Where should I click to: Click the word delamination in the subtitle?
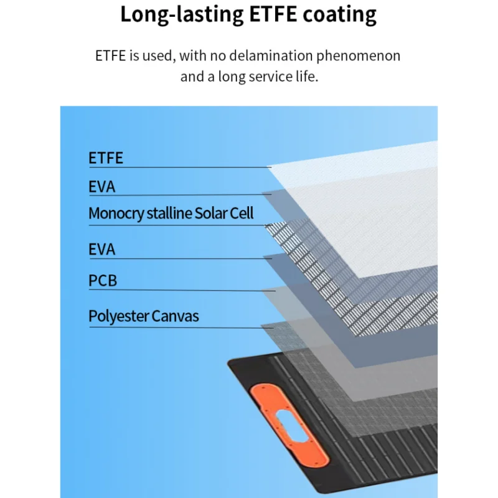(266, 55)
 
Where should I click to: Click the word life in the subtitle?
(305, 77)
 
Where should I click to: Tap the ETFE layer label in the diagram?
(106, 158)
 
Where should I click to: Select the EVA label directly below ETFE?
(102, 187)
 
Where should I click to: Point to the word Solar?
(211, 214)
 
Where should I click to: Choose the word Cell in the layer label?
(242, 214)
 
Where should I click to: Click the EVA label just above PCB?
(102, 250)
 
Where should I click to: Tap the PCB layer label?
(103, 281)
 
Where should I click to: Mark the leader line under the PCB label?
(181, 291)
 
